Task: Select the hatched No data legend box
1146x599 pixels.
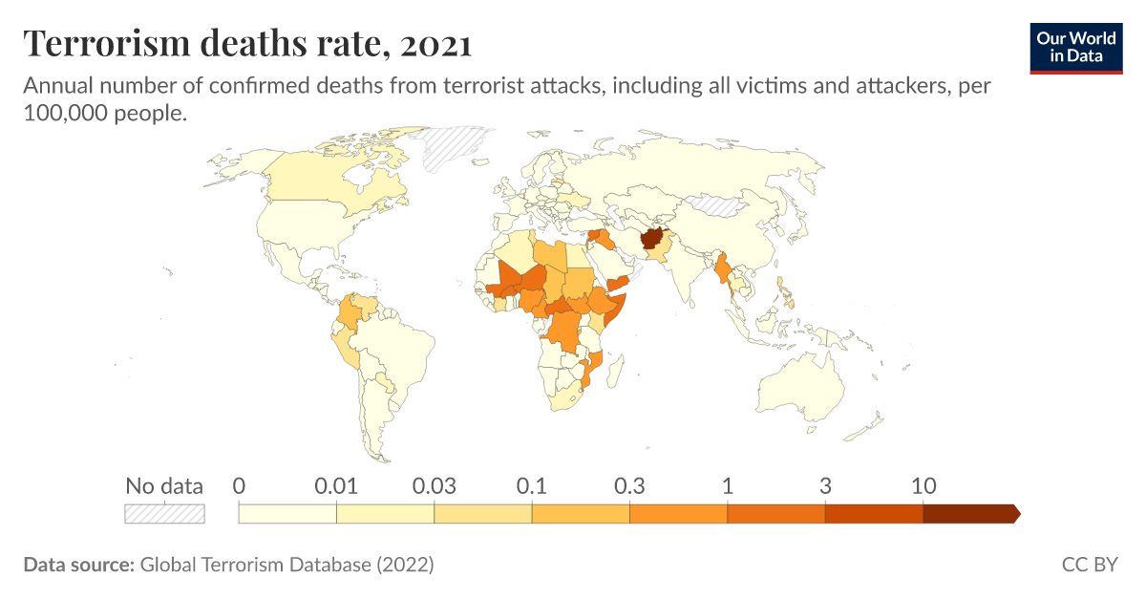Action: coord(165,514)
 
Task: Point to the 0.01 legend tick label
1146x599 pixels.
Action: coord(336,485)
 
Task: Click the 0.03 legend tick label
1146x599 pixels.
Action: coord(435,485)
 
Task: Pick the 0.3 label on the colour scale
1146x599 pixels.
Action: coord(629,485)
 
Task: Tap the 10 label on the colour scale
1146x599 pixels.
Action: coord(923,485)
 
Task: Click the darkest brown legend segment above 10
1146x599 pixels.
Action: coord(970,514)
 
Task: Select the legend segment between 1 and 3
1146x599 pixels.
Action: coord(775,514)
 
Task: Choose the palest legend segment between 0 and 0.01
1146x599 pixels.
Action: coord(287,514)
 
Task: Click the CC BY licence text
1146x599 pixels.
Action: coord(1089,565)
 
